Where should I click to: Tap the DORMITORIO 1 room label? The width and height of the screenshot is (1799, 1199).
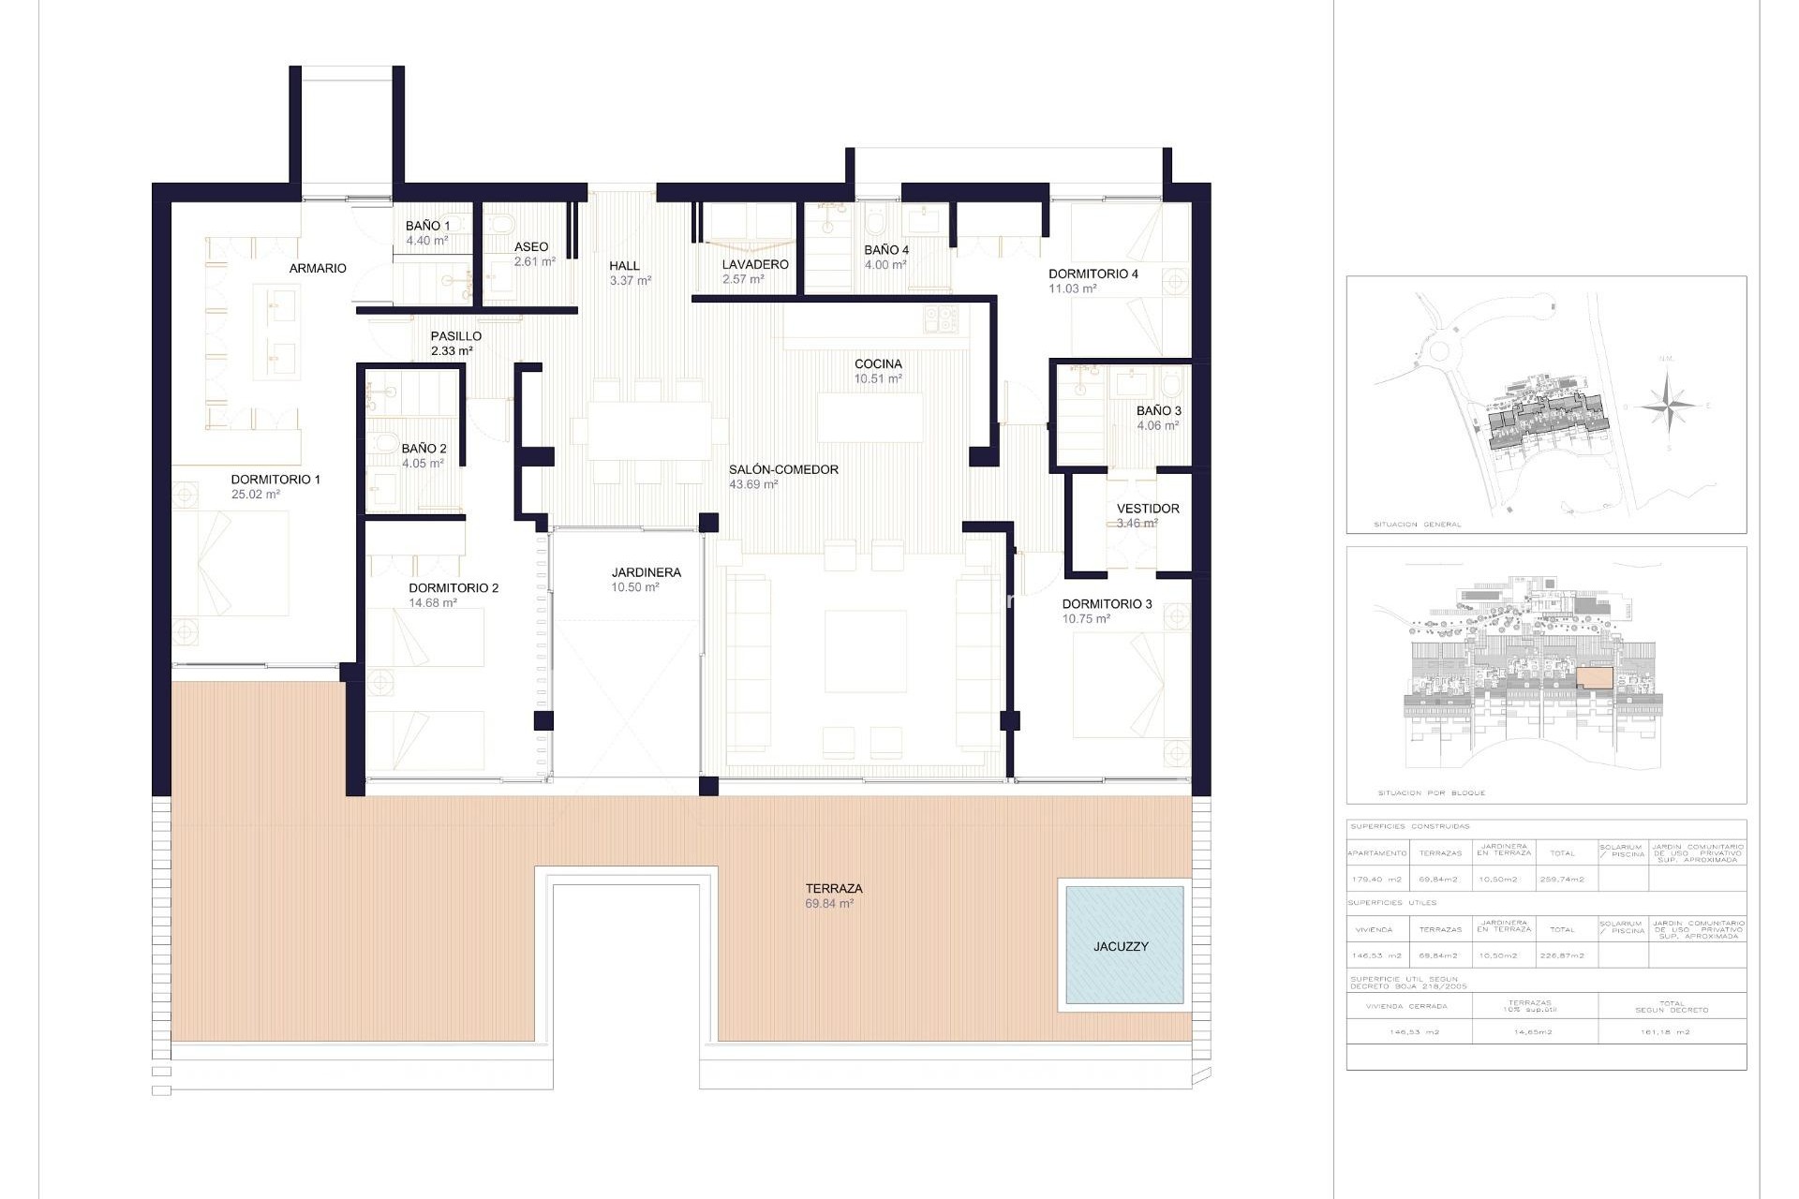[275, 480]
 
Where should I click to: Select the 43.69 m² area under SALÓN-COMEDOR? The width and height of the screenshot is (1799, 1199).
[753, 485]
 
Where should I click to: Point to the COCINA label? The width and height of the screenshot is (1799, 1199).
[878, 363]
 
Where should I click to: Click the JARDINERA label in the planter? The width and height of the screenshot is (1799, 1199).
[646, 572]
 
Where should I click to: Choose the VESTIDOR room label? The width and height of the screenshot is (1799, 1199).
[1147, 509]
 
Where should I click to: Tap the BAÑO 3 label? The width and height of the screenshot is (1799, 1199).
[1158, 410]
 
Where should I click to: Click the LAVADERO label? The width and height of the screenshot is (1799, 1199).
[754, 264]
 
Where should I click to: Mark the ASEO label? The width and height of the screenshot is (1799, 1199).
[531, 247]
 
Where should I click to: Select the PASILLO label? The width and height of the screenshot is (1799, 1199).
[455, 335]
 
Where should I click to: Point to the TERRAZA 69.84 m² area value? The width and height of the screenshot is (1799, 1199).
[829, 904]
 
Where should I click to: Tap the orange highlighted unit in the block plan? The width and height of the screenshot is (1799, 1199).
[1594, 677]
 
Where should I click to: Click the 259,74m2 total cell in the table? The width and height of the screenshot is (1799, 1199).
[1562, 880]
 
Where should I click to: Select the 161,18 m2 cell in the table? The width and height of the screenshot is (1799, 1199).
[1672, 1032]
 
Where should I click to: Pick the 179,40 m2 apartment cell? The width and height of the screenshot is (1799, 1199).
[1376, 880]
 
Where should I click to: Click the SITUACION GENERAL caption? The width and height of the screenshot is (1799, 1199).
[1417, 525]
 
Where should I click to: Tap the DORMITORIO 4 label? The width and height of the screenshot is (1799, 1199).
[1093, 274]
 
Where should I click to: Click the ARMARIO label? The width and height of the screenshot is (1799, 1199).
[318, 268]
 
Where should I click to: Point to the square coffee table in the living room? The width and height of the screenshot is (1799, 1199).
[865, 651]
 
